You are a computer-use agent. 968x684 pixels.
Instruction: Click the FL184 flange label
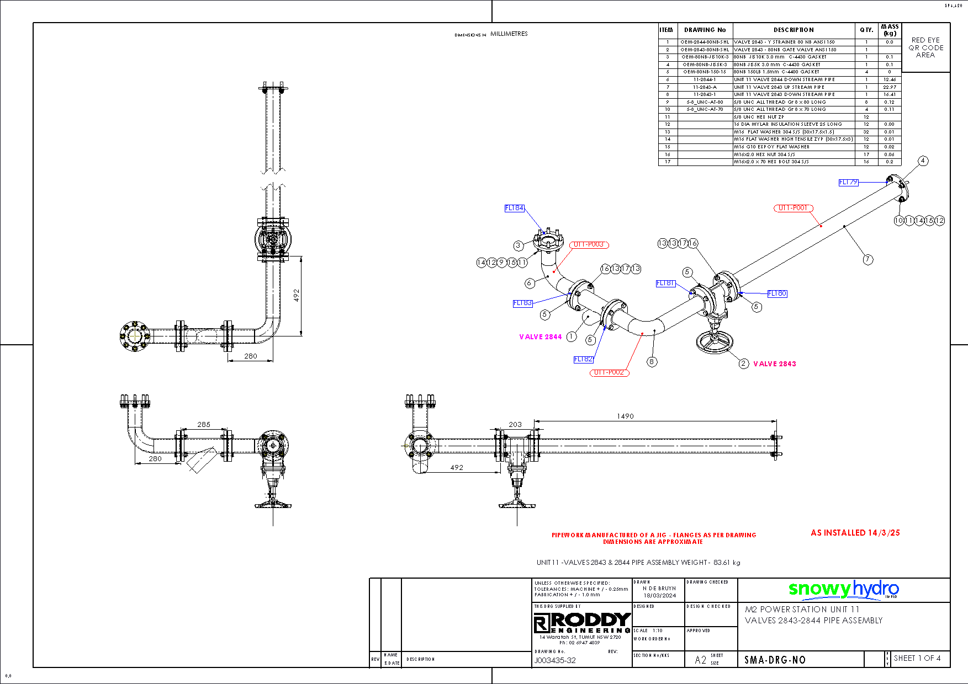pyautogui.click(x=514, y=208)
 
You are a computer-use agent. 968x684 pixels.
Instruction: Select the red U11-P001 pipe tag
pyautogui.click(x=793, y=208)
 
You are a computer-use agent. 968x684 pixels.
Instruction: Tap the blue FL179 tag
pyautogui.click(x=848, y=182)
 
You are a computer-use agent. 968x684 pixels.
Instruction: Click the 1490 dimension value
pyautogui.click(x=625, y=416)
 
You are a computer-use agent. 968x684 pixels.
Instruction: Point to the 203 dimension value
pyautogui.click(x=515, y=424)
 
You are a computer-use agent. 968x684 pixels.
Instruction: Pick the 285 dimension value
pyautogui.click(x=204, y=424)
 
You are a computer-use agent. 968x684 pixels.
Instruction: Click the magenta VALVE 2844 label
pyautogui.click(x=540, y=336)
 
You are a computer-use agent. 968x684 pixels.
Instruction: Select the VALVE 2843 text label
pyautogui.click(x=774, y=364)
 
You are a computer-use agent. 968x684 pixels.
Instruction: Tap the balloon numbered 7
pyautogui.click(x=868, y=259)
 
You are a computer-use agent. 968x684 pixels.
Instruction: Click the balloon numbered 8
pyautogui.click(x=652, y=362)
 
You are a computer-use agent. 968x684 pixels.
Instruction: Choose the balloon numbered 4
pyautogui.click(x=923, y=161)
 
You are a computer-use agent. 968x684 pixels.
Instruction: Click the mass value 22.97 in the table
pyautogui.click(x=889, y=87)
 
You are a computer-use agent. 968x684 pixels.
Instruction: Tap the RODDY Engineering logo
pyautogui.click(x=581, y=623)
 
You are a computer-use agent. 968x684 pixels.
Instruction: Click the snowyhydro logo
pyautogui.click(x=843, y=590)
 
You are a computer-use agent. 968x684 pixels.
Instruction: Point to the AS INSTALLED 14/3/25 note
pyautogui.click(x=855, y=533)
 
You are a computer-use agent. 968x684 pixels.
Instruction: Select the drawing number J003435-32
pyautogui.click(x=555, y=660)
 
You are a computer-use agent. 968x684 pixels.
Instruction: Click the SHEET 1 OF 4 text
pyautogui.click(x=917, y=658)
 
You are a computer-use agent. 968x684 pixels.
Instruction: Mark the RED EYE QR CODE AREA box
pyautogui.click(x=925, y=47)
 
